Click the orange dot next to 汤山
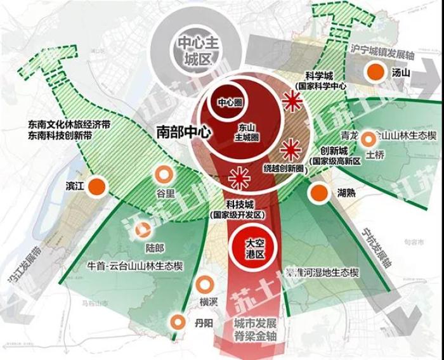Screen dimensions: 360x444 click(376, 72)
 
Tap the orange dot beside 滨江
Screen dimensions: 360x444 click(96, 186)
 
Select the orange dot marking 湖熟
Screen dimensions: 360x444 click(318, 193)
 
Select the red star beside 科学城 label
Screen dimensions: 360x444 click(292, 101)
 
